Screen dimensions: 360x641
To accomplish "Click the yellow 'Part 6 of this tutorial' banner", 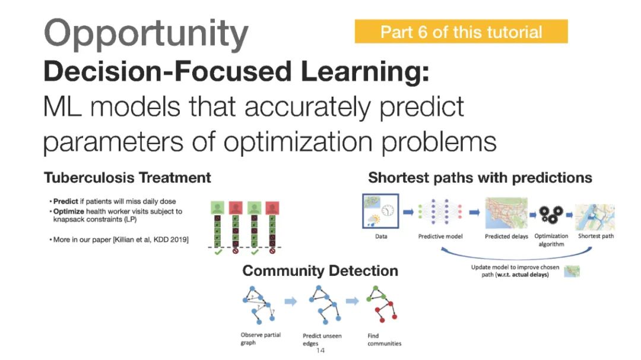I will click(461, 31).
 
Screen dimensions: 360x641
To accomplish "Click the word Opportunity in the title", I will click(146, 34).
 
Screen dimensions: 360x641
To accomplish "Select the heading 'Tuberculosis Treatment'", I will click(127, 177).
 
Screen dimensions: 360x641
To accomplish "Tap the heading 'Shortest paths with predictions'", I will click(480, 177).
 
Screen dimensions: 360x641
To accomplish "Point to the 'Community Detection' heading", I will click(320, 271).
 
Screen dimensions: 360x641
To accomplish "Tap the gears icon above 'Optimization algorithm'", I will click(551, 214).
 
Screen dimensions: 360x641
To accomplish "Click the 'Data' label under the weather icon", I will click(381, 236).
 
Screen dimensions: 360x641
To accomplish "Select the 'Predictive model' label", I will click(440, 236).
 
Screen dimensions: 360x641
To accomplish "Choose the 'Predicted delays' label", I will click(506, 236).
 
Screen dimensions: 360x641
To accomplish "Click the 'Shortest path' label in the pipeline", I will click(596, 236).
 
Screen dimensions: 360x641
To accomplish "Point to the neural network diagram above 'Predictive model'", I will click(440, 212).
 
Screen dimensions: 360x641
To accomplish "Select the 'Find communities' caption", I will click(384, 339).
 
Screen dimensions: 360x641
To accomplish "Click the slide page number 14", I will click(320, 351).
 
